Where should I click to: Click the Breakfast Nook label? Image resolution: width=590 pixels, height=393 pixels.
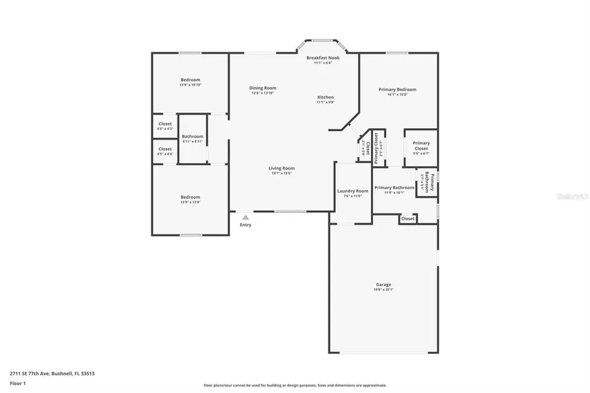pos(323,58)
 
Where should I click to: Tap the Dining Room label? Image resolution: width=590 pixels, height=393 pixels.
pos(262,88)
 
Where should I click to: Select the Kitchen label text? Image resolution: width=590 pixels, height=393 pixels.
pos(325,97)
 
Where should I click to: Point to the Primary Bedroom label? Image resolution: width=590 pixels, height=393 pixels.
pos(397,90)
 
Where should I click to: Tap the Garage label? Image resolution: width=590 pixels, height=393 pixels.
pos(383,284)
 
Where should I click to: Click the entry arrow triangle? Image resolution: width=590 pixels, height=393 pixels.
pos(245,217)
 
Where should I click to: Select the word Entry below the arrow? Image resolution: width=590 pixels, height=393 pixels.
pos(245,225)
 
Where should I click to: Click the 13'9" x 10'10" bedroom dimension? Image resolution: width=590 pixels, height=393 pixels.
pos(190,84)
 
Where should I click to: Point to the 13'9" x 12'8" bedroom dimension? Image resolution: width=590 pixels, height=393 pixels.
pos(190,202)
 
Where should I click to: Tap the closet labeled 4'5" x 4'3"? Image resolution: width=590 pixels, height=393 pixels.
pos(165,126)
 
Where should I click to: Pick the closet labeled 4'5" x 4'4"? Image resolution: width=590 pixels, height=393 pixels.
pos(165,151)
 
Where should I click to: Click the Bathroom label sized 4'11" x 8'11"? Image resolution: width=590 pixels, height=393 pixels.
pos(193,138)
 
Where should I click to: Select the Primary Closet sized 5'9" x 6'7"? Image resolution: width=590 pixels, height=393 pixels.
pos(421,145)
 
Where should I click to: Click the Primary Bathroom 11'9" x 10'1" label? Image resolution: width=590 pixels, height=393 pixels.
pos(394,190)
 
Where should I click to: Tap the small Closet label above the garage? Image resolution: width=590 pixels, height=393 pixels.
pos(408,218)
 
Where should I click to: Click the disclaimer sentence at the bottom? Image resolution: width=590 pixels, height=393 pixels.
pos(294,385)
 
